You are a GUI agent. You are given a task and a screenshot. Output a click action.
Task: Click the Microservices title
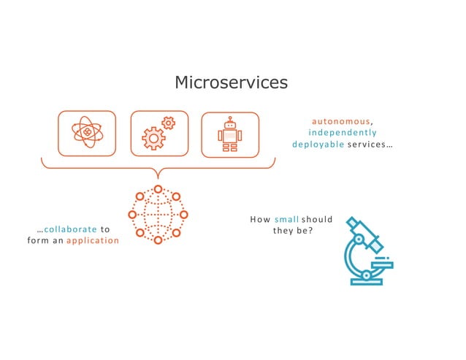(x=231, y=83)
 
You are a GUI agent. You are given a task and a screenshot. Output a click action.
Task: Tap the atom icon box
(x=87, y=134)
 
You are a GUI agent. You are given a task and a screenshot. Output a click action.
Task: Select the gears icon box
(x=159, y=134)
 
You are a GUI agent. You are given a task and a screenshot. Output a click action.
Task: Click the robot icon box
(x=230, y=134)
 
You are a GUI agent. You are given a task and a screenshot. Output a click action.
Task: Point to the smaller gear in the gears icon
(x=169, y=123)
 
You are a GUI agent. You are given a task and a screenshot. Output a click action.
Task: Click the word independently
(x=343, y=132)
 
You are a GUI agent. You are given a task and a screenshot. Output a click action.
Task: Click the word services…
(x=370, y=144)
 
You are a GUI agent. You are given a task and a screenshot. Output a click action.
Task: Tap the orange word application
(x=93, y=240)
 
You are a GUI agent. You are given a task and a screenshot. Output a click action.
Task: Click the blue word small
(x=286, y=219)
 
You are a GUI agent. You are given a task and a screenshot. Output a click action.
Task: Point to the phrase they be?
(x=293, y=231)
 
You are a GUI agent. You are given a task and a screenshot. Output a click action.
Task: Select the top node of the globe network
(x=158, y=189)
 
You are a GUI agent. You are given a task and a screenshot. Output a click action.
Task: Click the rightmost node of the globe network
(x=183, y=215)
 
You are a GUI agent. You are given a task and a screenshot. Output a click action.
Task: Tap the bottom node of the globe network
(x=158, y=240)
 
